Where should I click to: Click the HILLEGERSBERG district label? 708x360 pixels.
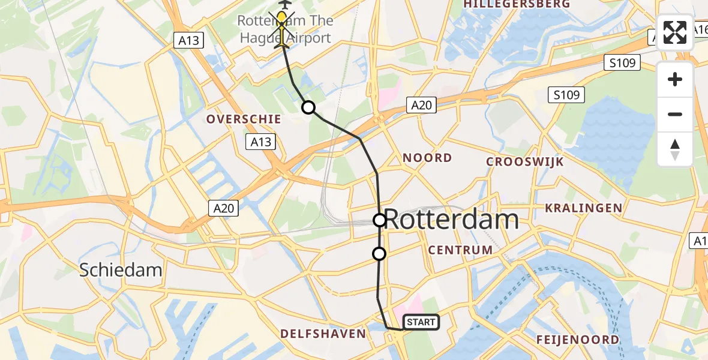click(517, 4)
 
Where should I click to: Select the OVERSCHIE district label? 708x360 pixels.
click(244, 119)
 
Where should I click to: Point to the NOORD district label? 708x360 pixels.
click(427, 158)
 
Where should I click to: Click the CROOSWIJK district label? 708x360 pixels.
click(525, 161)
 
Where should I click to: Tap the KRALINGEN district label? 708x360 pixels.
click(583, 208)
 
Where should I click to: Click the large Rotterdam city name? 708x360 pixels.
click(451, 220)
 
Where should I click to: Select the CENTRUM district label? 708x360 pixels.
click(461, 250)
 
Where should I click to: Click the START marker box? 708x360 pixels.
click(421, 322)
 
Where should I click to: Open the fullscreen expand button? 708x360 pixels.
click(675, 32)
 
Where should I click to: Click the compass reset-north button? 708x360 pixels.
click(675, 149)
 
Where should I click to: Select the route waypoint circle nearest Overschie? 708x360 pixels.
click(308, 107)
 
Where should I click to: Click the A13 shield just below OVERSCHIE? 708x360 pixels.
click(259, 142)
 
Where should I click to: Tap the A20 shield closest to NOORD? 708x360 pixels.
click(420, 105)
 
